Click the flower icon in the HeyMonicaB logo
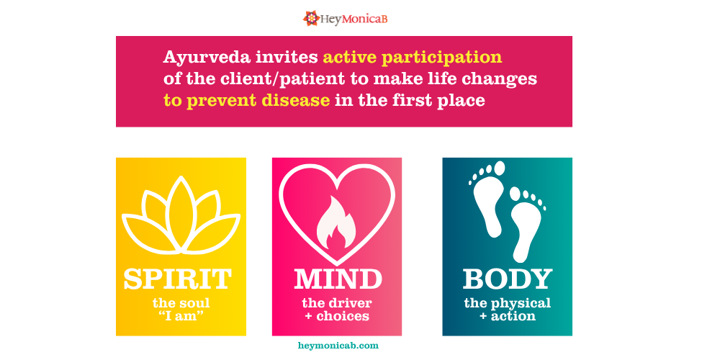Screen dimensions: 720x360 [311, 18]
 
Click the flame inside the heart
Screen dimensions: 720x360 [336, 222]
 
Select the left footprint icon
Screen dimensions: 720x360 [487, 199]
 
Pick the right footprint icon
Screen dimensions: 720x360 [528, 224]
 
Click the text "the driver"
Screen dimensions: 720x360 [336, 304]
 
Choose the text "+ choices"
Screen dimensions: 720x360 [336, 316]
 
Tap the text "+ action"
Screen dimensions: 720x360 [507, 316]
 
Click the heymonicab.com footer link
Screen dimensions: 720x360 [338, 346]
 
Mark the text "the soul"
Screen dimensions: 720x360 [181, 304]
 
